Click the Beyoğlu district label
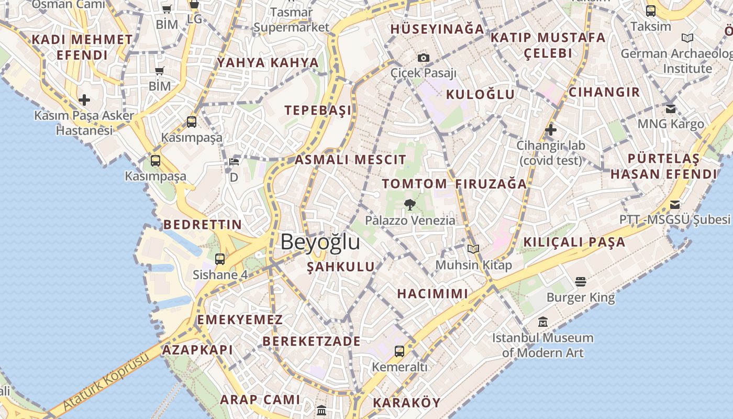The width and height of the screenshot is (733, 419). click(x=320, y=242)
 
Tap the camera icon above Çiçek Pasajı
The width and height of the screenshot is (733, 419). click(x=424, y=58)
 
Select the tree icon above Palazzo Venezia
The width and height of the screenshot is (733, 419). click(x=410, y=204)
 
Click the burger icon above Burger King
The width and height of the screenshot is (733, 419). click(x=580, y=282)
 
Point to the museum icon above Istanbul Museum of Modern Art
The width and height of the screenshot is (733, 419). click(x=542, y=322)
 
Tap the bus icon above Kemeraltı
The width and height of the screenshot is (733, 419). click(x=399, y=351)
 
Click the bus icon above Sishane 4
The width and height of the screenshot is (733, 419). click(x=220, y=259)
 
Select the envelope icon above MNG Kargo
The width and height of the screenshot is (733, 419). click(x=671, y=109)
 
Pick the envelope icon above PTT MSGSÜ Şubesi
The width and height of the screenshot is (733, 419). click(x=675, y=204)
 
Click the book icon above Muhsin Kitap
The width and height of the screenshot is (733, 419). click(x=473, y=249)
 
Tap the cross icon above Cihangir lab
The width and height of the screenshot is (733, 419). click(x=550, y=130)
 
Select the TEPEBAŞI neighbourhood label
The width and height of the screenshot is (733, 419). click(x=318, y=110)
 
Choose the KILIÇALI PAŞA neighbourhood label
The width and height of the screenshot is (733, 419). click(x=574, y=242)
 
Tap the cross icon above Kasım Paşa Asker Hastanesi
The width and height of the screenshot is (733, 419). click(x=84, y=100)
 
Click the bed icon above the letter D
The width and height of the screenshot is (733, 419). click(x=234, y=161)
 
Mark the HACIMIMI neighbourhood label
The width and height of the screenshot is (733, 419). click(x=432, y=293)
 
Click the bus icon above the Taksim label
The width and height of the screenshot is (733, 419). click(x=651, y=10)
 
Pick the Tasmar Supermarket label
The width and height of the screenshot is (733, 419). click(x=292, y=20)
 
